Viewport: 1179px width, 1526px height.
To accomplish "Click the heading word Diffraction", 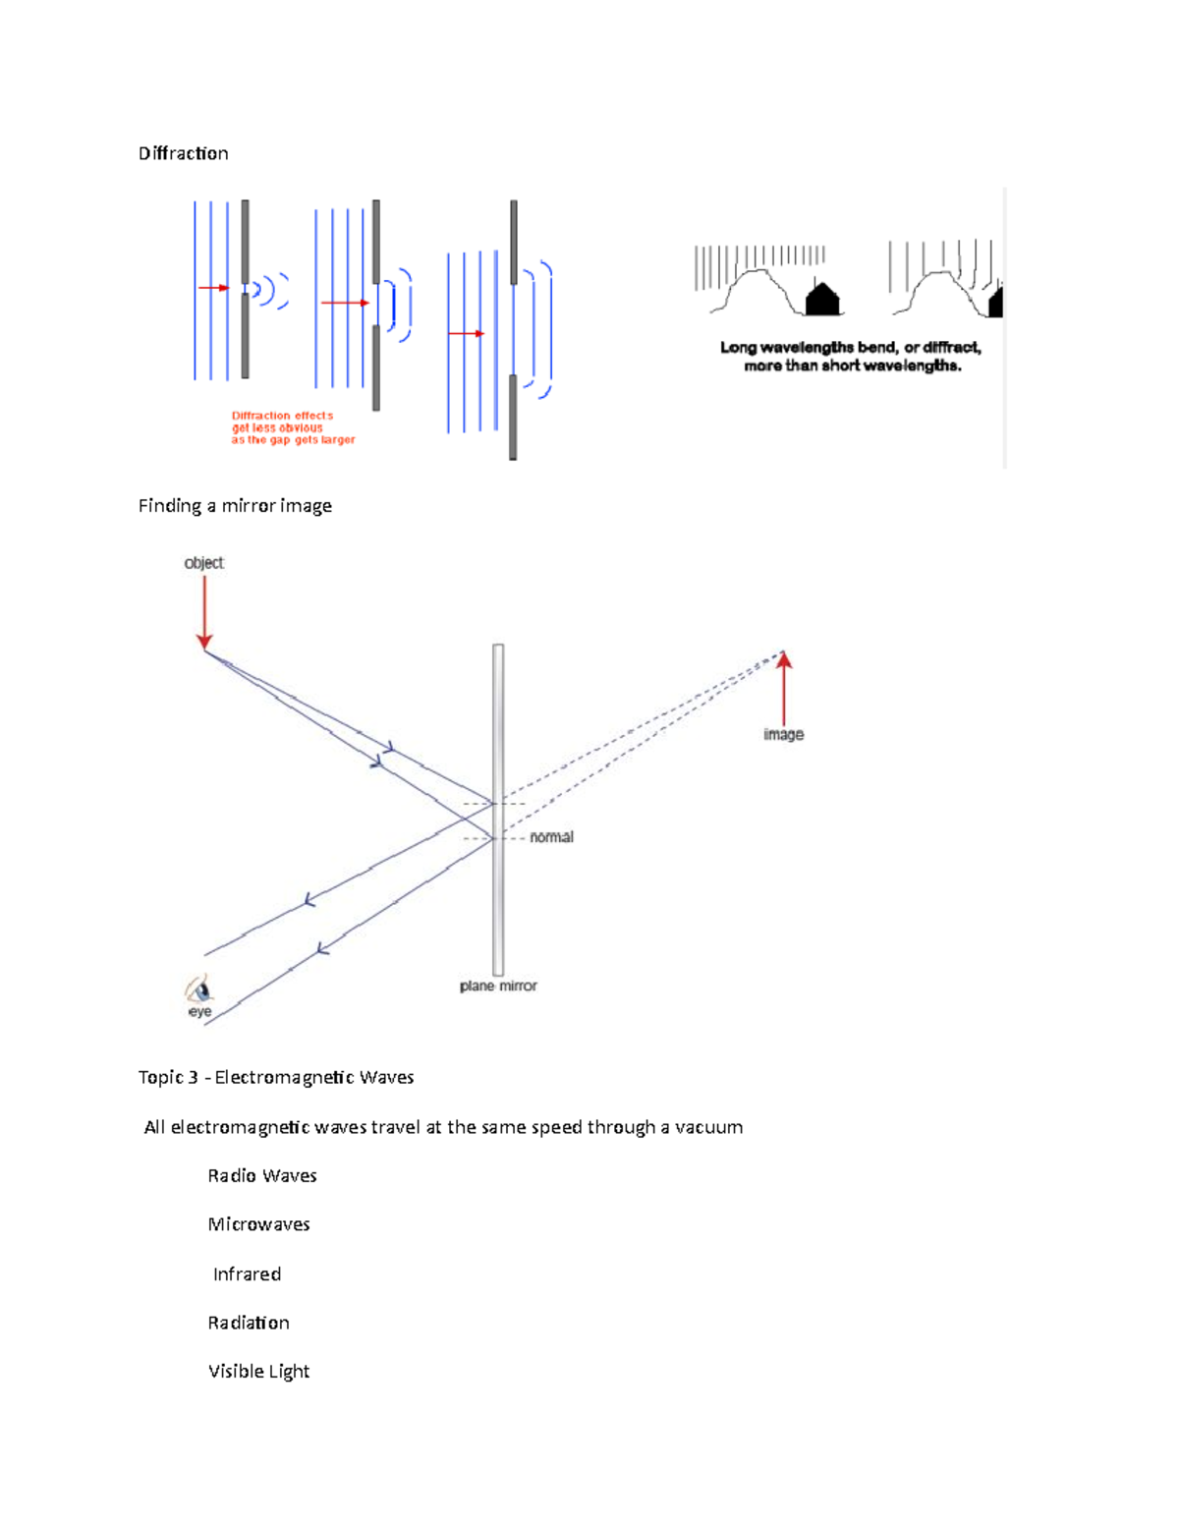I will tap(183, 153).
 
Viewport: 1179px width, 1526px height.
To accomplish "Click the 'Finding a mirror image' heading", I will tap(235, 506).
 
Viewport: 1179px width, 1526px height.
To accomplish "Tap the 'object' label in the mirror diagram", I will tap(203, 563).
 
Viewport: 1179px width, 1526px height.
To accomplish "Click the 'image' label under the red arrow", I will tap(783, 734).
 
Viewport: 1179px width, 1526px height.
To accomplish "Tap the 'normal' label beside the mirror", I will tap(551, 837).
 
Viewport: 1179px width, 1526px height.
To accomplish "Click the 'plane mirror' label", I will tap(498, 986).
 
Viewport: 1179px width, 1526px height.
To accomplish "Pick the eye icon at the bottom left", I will tap(197, 989).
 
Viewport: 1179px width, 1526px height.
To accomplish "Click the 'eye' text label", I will tap(199, 1012).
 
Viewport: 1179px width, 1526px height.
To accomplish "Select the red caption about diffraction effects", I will tap(292, 428).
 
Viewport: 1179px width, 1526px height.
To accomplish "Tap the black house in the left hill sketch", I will tap(822, 299).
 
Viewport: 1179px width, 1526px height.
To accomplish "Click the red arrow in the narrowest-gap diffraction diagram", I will tap(213, 288).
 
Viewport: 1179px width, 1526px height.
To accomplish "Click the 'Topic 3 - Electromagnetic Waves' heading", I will tap(276, 1077).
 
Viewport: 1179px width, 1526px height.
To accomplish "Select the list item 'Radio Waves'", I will tap(262, 1176).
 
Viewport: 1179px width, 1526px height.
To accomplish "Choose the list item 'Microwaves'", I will tap(258, 1224).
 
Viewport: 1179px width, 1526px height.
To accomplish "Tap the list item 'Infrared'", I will tap(247, 1274).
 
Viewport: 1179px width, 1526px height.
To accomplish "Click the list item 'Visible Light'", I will tap(258, 1372).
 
